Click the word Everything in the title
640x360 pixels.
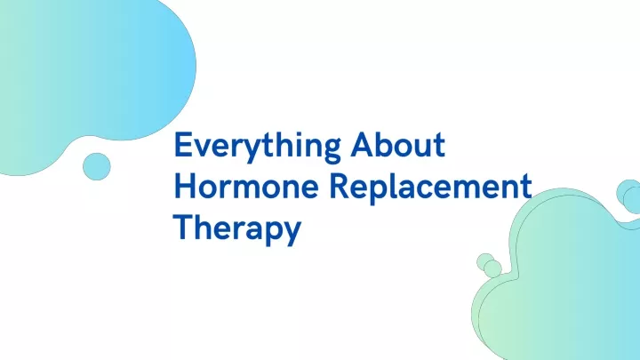(x=258, y=148)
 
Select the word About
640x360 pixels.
(x=398, y=145)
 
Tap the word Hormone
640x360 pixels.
(x=246, y=186)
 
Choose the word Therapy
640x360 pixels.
(x=237, y=229)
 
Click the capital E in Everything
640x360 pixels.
(x=183, y=145)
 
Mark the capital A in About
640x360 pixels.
(x=363, y=145)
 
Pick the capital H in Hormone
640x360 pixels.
(x=185, y=186)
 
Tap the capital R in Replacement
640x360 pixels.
(x=339, y=186)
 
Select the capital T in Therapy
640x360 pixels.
(x=183, y=227)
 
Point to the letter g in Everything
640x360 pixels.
(x=331, y=151)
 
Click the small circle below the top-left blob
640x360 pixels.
(x=97, y=166)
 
